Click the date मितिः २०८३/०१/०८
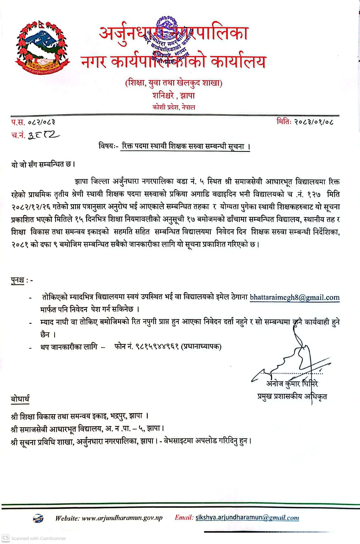point(305,122)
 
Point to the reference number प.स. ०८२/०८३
point(33,123)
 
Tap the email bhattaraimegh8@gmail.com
point(294,298)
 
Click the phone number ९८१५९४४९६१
point(157,346)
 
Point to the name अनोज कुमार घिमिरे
point(292,384)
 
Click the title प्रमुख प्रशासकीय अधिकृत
point(292,396)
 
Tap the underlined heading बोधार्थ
point(20,399)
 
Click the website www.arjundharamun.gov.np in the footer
point(122,518)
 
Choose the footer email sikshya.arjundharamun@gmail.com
point(247,518)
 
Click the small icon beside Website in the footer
point(38,518)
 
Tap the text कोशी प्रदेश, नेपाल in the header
point(173,107)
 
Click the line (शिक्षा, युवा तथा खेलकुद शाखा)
point(173,83)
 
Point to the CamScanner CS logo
point(6,538)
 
